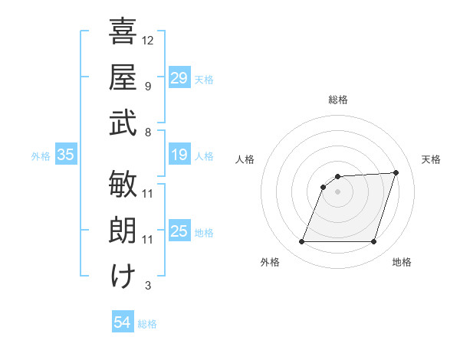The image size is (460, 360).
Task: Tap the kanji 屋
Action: tap(123, 76)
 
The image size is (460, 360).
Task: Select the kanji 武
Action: tap(123, 122)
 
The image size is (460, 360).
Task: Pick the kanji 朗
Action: tap(123, 229)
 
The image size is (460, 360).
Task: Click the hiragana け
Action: tap(123, 275)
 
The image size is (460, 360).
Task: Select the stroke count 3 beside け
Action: tap(148, 286)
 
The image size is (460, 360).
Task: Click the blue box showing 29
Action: tap(179, 77)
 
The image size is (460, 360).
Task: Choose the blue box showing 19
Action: tap(179, 155)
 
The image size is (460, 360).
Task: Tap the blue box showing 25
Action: tap(179, 231)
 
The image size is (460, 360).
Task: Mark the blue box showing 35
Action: tap(66, 155)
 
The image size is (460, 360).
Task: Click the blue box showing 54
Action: tap(122, 323)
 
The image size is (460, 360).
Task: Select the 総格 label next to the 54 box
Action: tap(147, 324)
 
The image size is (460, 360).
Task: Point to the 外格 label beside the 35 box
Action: tap(41, 155)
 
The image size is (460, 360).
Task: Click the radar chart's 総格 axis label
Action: tap(337, 100)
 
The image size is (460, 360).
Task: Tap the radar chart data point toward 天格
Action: tap(396, 172)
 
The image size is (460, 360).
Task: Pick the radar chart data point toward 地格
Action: tap(373, 242)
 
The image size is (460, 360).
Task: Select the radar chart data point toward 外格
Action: tap(301, 242)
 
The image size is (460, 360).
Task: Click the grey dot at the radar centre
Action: tap(337, 191)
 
